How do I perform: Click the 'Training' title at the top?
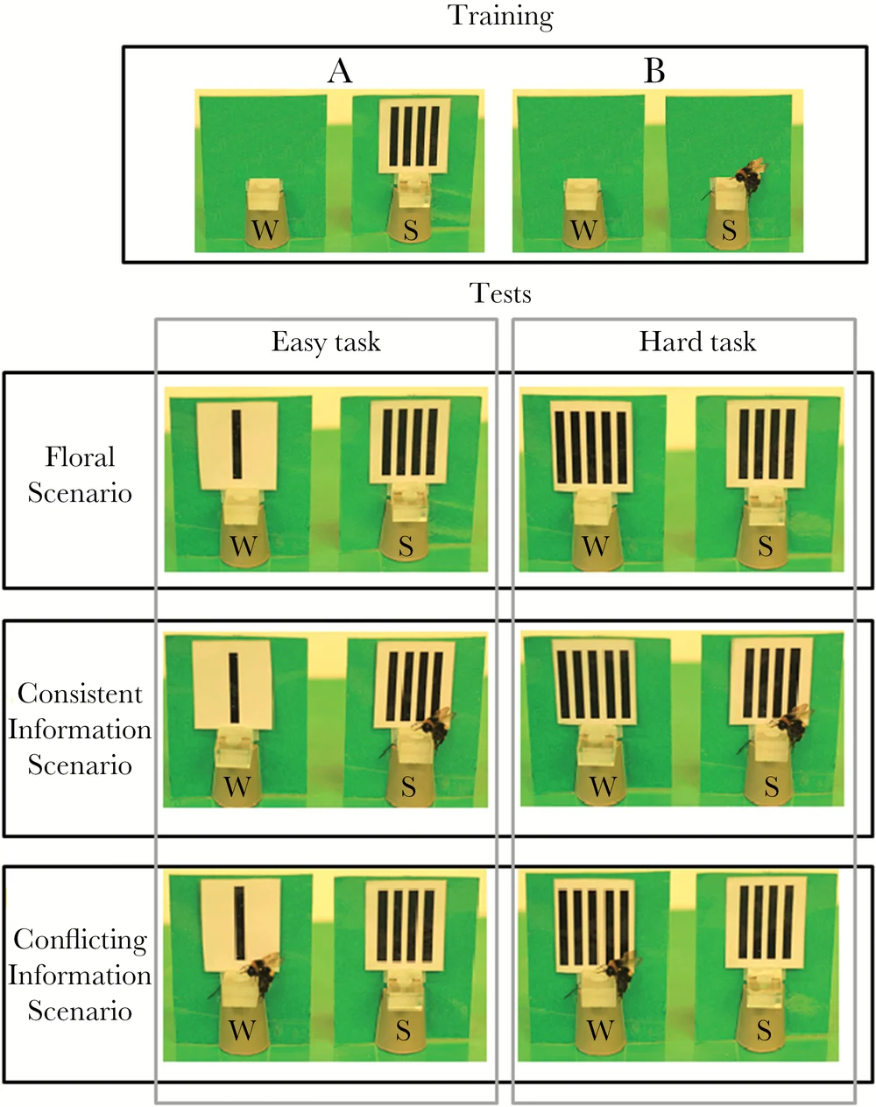pyautogui.click(x=500, y=16)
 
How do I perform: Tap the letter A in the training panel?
pyautogui.click(x=340, y=71)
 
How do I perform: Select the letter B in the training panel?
pyautogui.click(x=653, y=71)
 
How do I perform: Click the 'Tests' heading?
pyautogui.click(x=500, y=293)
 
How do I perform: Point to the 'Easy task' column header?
pyautogui.click(x=326, y=342)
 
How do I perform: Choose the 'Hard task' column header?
pyautogui.click(x=697, y=342)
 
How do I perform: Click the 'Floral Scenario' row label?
pyautogui.click(x=80, y=475)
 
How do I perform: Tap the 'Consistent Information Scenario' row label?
pyautogui.click(x=80, y=729)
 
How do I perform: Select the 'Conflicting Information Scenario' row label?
pyautogui.click(x=80, y=975)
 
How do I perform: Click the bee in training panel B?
pyautogui.click(x=750, y=174)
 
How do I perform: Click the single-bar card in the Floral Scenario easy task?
pyautogui.click(x=237, y=445)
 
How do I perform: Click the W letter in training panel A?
pyautogui.click(x=265, y=230)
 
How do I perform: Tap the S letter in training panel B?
pyautogui.click(x=729, y=230)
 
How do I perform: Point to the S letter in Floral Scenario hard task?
pyautogui.click(x=765, y=546)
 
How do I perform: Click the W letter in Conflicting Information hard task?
pyautogui.click(x=600, y=1030)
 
